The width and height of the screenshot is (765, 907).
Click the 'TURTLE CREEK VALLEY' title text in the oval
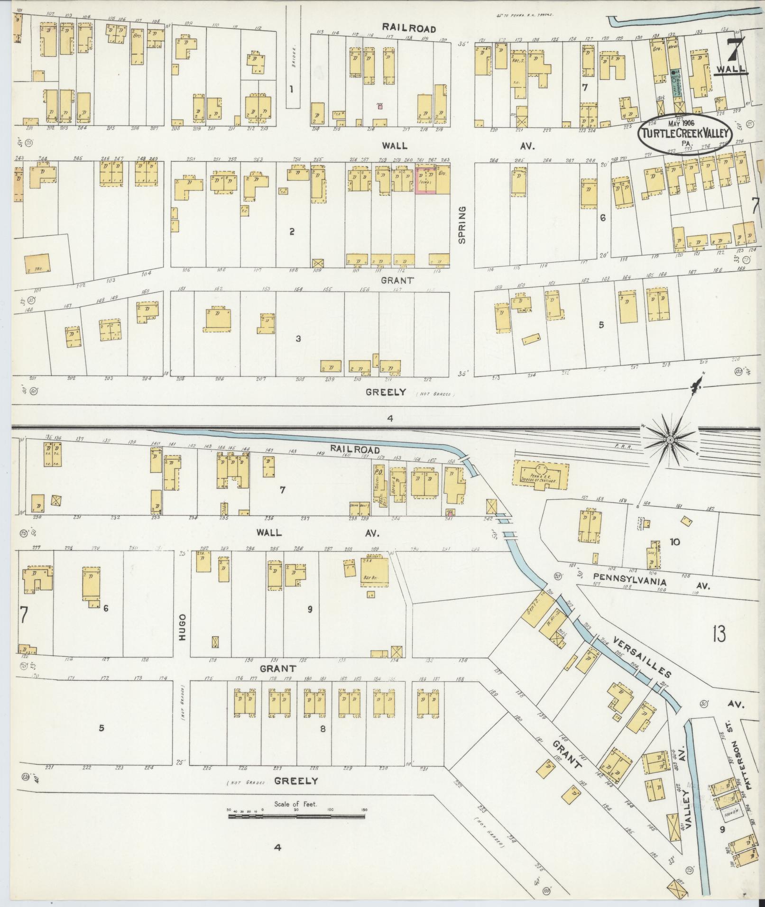point(684,134)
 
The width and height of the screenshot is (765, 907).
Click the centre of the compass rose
point(670,440)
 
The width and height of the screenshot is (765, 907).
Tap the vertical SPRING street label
point(462,225)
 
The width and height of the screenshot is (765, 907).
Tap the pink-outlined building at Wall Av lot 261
point(425,180)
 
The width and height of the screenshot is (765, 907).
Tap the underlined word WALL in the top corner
point(729,69)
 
